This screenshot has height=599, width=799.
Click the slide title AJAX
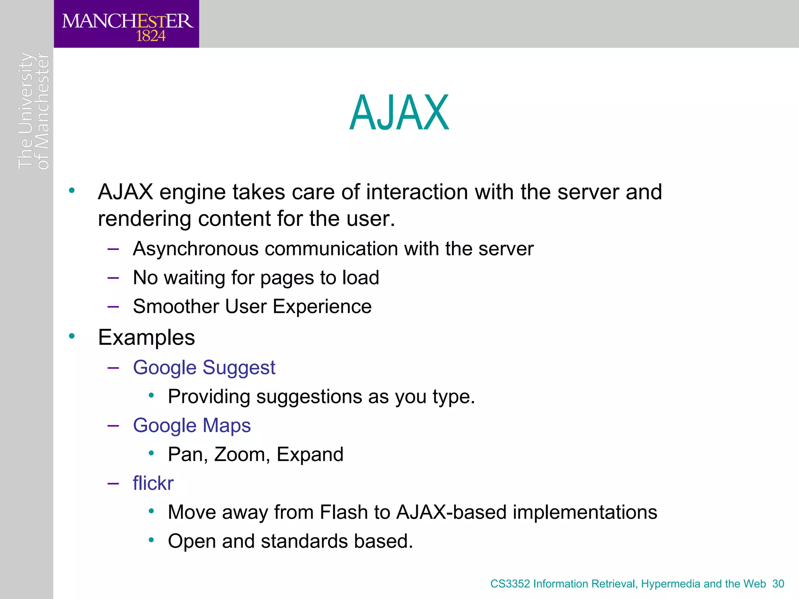pyautogui.click(x=399, y=113)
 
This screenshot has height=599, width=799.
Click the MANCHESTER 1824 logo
pyautogui.click(x=127, y=24)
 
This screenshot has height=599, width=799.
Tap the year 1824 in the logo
pyautogui.click(x=151, y=36)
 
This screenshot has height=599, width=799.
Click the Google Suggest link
pyautogui.click(x=204, y=368)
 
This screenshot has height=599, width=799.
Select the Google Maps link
pyautogui.click(x=192, y=425)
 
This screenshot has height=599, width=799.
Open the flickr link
pyautogui.click(x=153, y=483)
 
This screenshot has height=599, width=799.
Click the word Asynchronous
pyautogui.click(x=195, y=249)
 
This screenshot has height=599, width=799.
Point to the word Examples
pyautogui.click(x=146, y=337)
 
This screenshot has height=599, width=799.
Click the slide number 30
pyautogui.click(x=778, y=584)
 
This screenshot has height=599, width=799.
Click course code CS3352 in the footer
pyautogui.click(x=510, y=584)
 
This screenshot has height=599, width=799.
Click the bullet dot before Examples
pyautogui.click(x=72, y=336)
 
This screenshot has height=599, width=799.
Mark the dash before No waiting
pyautogui.click(x=113, y=278)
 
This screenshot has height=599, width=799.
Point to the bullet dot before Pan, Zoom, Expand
pyautogui.click(x=151, y=453)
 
